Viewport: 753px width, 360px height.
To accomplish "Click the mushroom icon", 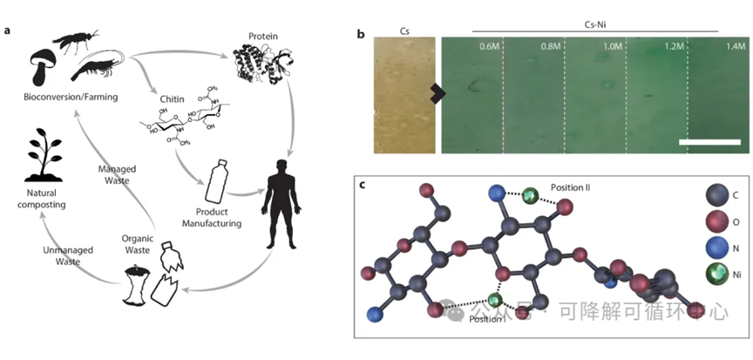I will click(x=42, y=63).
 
